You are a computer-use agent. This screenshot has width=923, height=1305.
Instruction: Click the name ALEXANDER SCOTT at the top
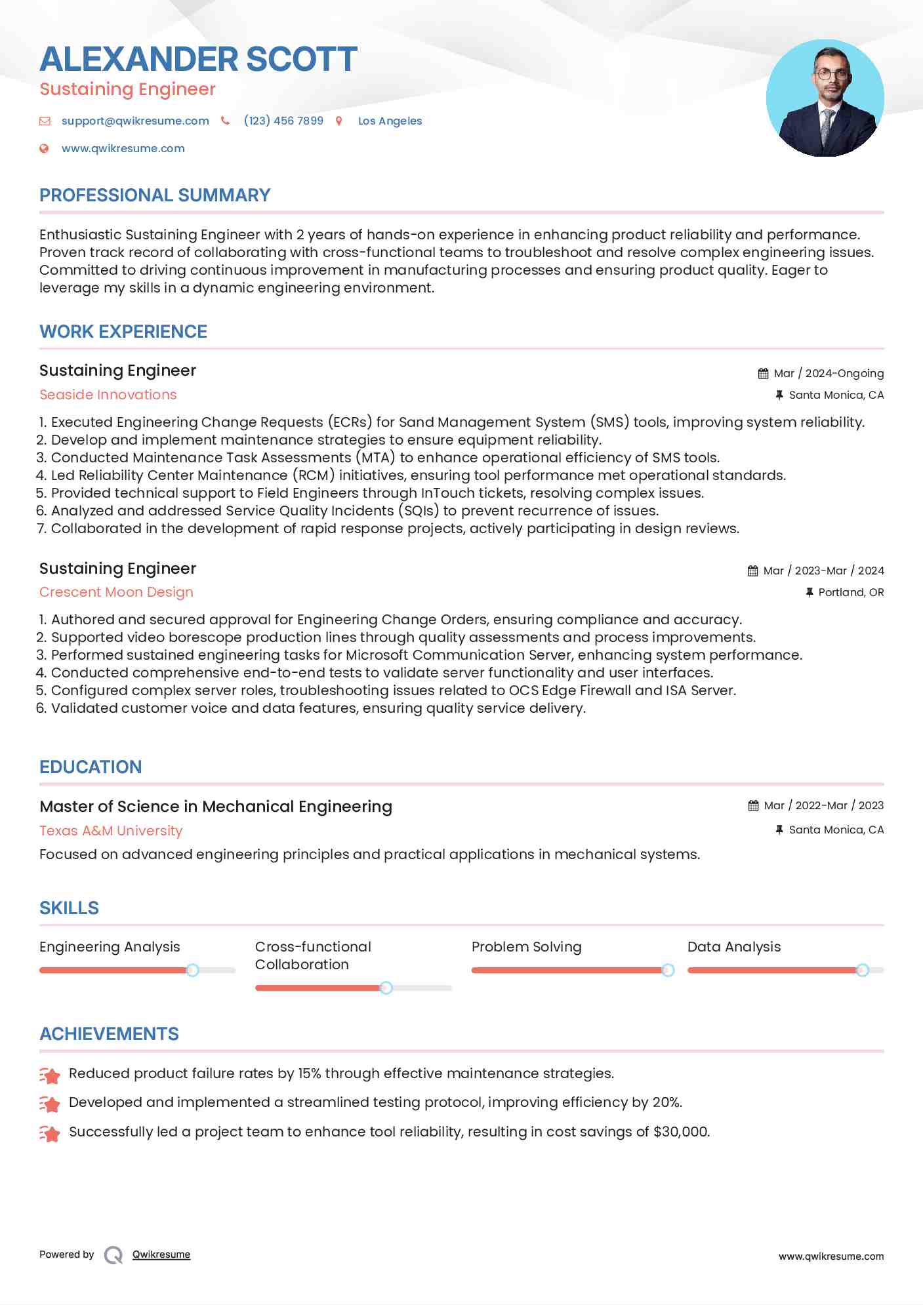tap(198, 59)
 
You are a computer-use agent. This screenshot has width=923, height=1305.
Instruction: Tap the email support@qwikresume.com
tap(135, 121)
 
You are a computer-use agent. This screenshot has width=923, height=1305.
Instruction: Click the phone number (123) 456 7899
tap(283, 121)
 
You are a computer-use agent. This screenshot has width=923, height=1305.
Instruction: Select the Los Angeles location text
tap(390, 121)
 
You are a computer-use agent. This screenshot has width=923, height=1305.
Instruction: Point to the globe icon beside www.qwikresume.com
tap(44, 148)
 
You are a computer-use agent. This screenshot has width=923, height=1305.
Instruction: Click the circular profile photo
tap(825, 98)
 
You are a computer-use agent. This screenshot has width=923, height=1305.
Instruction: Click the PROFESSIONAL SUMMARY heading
tap(155, 195)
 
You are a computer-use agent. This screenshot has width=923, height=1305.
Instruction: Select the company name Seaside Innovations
tap(108, 395)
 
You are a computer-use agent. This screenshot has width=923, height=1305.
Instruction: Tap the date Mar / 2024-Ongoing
tap(829, 373)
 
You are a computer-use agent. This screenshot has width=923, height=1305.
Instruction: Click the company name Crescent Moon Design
tap(116, 592)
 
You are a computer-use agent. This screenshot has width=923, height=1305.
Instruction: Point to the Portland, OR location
tap(851, 592)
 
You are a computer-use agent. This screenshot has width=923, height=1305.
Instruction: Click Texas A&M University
tap(111, 831)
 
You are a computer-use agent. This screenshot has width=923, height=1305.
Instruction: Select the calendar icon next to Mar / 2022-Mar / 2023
tap(753, 806)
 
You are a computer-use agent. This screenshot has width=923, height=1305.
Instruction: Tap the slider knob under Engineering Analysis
tap(192, 970)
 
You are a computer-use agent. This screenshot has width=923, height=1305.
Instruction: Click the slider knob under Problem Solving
tap(668, 970)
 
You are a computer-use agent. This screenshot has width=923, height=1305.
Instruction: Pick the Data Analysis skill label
tap(734, 947)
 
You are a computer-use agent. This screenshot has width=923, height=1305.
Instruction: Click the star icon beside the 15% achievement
tap(50, 1075)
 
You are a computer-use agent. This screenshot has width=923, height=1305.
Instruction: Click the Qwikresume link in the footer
tap(161, 1255)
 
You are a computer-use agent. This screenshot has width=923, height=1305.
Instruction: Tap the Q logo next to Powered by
tap(113, 1255)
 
